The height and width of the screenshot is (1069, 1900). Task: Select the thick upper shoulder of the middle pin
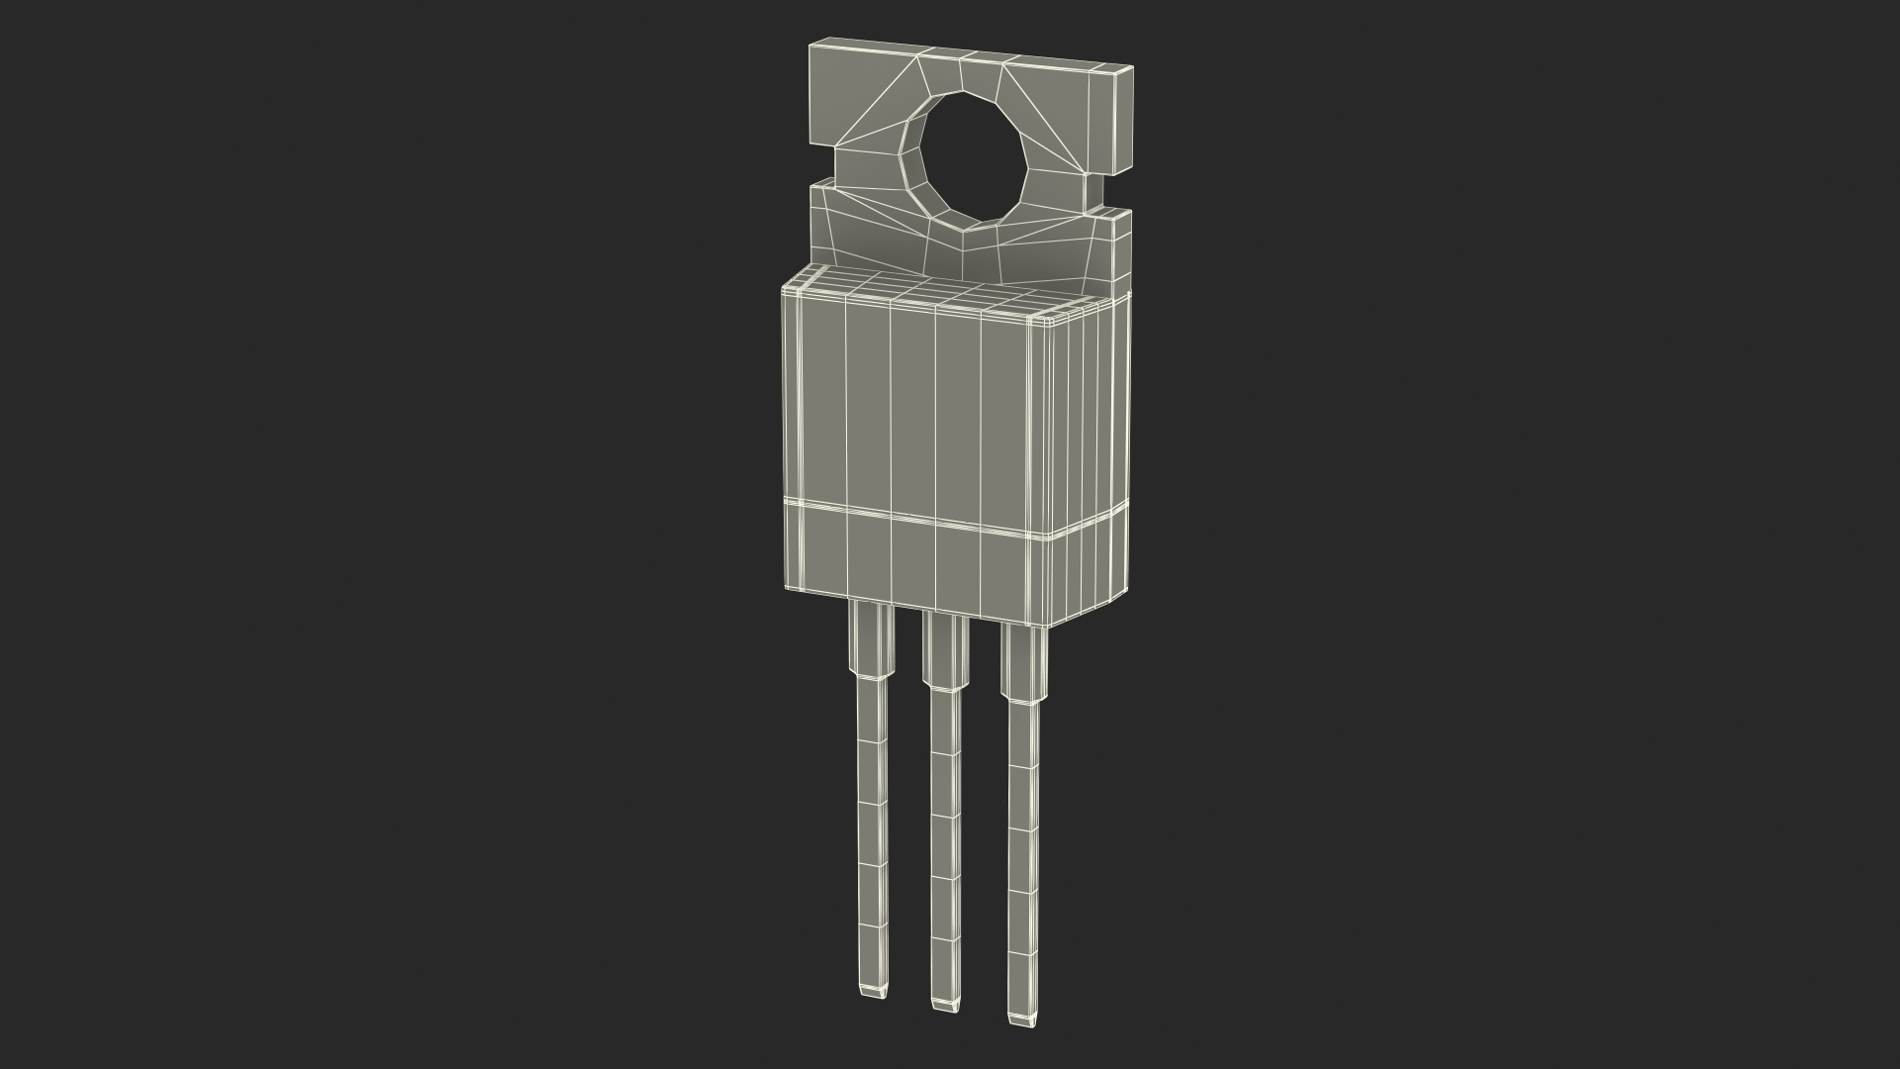[x=944, y=651]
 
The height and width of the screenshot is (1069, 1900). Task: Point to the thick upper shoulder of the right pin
[x=1022, y=663]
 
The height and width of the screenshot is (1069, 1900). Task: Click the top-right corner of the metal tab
[x=1131, y=68]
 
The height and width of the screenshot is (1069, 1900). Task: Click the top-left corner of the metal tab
[x=811, y=46]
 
